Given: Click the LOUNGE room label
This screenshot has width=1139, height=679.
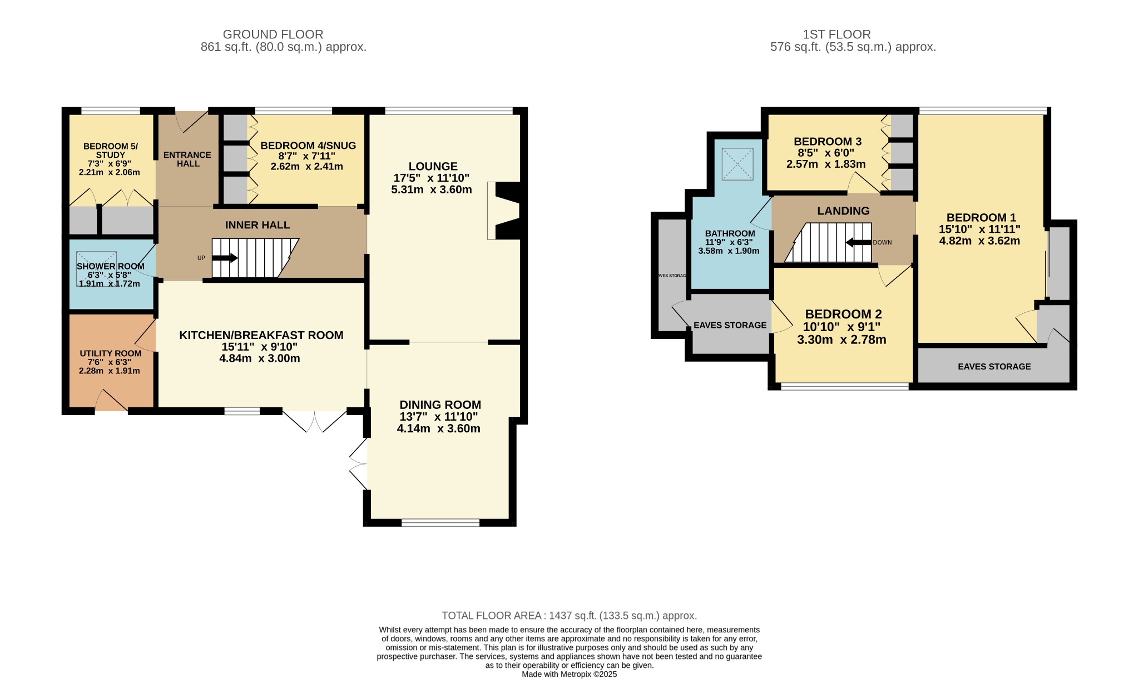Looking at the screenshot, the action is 433,166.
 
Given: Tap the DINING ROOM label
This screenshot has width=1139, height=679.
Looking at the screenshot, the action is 440,405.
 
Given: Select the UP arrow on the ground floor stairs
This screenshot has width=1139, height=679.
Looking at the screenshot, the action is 225,258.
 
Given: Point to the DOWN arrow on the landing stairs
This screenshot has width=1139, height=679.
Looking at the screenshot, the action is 858,242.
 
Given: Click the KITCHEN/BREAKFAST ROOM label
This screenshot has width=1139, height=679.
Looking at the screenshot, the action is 261,335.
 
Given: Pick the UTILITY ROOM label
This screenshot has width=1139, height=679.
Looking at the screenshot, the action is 110,353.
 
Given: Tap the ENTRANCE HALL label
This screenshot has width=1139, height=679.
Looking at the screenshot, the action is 187,159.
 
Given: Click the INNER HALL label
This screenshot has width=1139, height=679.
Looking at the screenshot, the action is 257,225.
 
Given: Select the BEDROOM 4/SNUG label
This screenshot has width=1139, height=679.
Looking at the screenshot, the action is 308,146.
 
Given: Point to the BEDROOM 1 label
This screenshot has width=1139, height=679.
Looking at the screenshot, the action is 977,218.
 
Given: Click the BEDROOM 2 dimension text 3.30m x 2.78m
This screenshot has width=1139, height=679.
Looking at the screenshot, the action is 841,339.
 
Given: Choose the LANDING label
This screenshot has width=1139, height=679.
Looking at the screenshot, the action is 843,211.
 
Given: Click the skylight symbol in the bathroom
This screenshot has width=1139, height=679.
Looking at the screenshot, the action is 737,164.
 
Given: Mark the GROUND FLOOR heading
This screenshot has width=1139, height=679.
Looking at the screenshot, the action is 273,34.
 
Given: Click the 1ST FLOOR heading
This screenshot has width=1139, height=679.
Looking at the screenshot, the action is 836,34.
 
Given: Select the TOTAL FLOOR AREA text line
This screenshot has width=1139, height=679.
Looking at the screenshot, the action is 569,616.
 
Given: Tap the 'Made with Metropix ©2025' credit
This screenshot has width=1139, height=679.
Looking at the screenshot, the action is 569,674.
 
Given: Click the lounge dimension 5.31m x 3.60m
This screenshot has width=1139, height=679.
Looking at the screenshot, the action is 432,189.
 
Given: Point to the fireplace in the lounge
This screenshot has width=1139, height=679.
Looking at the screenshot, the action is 503,211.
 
